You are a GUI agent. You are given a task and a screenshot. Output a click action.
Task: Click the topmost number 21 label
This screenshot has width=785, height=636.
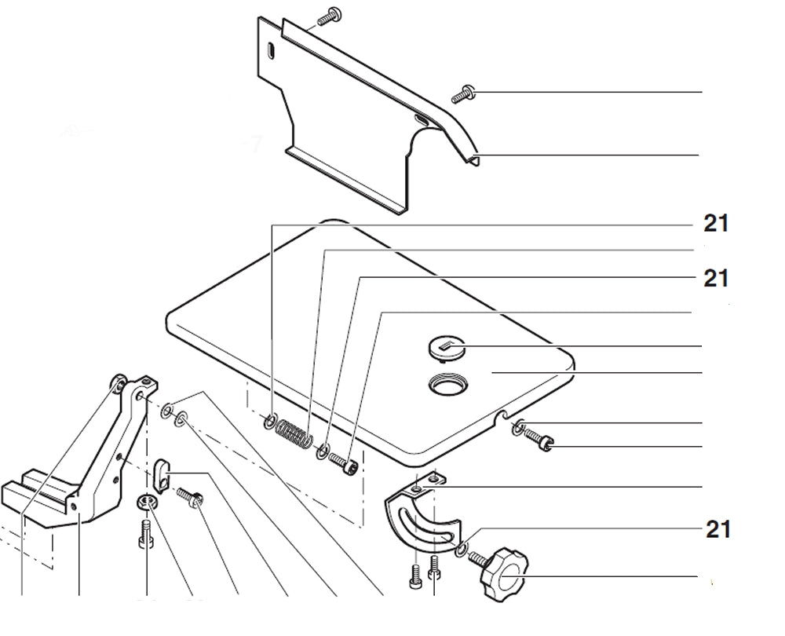coord(715,225)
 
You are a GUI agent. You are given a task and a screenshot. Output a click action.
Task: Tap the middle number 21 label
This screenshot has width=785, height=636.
coord(715,278)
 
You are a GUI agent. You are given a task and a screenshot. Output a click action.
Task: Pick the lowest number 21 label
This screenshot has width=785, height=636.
coord(717,530)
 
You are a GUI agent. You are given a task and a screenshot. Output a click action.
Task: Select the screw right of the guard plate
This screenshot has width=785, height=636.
coord(464,94)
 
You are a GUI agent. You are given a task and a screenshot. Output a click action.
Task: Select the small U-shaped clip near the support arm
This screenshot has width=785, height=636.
coord(162,473)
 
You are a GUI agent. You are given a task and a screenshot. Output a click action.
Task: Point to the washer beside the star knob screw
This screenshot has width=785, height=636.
coord(462,547)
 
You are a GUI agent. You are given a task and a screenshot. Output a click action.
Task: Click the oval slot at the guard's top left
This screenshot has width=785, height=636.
coord(268,51)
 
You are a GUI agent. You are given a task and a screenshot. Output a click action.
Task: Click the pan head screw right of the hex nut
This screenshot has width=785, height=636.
coord(188,496)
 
